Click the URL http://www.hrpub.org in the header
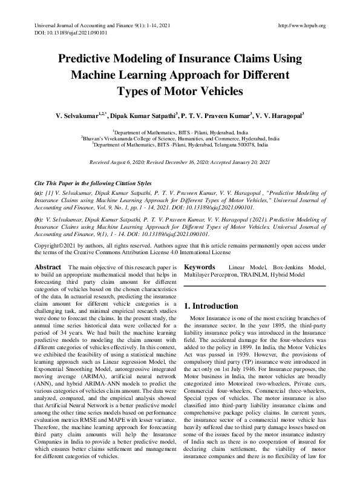pos(301,25)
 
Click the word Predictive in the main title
pos(90,59)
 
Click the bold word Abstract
pos(47,267)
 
